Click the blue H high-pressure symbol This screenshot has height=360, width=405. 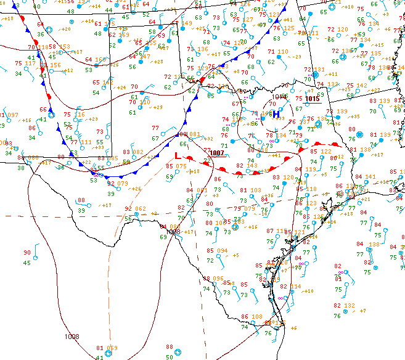click(x=276, y=113)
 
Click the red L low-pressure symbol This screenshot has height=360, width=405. click(x=178, y=156)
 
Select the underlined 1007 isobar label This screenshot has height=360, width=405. click(x=216, y=152)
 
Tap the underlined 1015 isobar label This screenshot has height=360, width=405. click(x=312, y=99)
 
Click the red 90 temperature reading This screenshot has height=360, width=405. click(x=27, y=253)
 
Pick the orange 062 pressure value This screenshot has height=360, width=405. click(x=140, y=209)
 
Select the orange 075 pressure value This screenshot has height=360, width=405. click(x=181, y=166)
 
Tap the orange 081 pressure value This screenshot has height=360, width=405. click(x=194, y=134)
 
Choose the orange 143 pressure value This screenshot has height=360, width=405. click(x=252, y=165)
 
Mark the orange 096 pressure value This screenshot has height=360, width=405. click(x=218, y=279)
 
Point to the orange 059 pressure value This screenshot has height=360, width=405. click(x=112, y=348)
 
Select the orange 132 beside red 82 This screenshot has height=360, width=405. click(x=350, y=305)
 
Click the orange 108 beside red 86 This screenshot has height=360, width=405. click(x=258, y=317)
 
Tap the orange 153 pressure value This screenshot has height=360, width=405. click(x=64, y=47)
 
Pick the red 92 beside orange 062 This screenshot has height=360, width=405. click(x=128, y=209)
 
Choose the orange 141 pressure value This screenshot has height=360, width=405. click(x=370, y=176)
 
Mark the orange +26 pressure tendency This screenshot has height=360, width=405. click(x=136, y=189)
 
